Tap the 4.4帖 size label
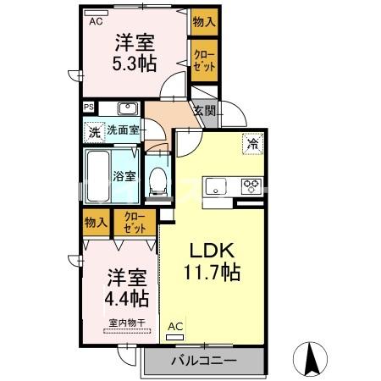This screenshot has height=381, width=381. [x=127, y=299]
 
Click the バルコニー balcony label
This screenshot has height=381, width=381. [x=202, y=360]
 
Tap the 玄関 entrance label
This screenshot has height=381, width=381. [x=203, y=110]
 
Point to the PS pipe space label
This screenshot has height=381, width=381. [x=88, y=107]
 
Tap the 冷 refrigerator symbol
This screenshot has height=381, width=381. [x=252, y=143]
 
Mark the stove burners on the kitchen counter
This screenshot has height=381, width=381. [x=251, y=185]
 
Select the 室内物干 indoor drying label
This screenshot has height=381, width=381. [x=127, y=322]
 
